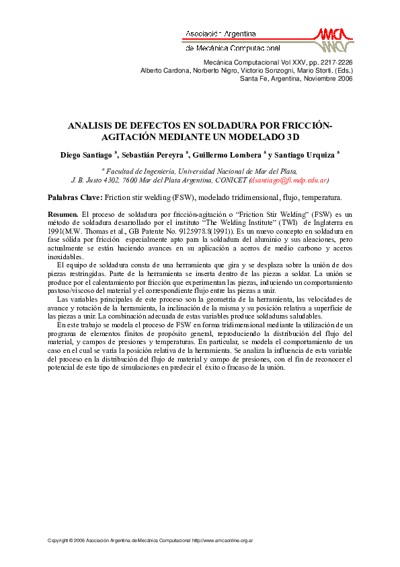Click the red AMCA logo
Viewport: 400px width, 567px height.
334,40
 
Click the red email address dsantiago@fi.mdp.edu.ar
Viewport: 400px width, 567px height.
288,181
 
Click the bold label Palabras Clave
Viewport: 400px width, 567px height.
74,197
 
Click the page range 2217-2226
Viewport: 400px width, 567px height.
335,63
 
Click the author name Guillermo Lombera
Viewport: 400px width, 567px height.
230,154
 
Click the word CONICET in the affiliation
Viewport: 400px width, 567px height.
233,181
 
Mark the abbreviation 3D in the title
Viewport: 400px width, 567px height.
290,136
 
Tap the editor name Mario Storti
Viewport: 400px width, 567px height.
318,70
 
